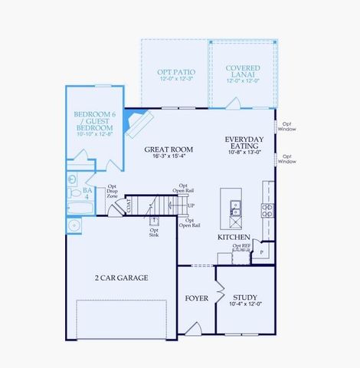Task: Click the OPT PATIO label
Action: (x=174, y=71)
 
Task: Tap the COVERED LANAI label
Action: (x=242, y=69)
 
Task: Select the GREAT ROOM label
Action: (x=169, y=149)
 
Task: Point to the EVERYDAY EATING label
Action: (x=244, y=143)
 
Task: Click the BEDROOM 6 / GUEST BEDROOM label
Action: (x=93, y=120)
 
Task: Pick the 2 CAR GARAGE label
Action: (x=121, y=278)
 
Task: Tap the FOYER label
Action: (x=197, y=297)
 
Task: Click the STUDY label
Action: (x=245, y=297)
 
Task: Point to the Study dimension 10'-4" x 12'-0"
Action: (x=245, y=305)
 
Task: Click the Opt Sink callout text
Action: (x=154, y=233)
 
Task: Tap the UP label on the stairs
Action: (x=191, y=205)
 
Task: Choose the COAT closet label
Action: (x=129, y=205)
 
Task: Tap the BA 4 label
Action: (x=87, y=192)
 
